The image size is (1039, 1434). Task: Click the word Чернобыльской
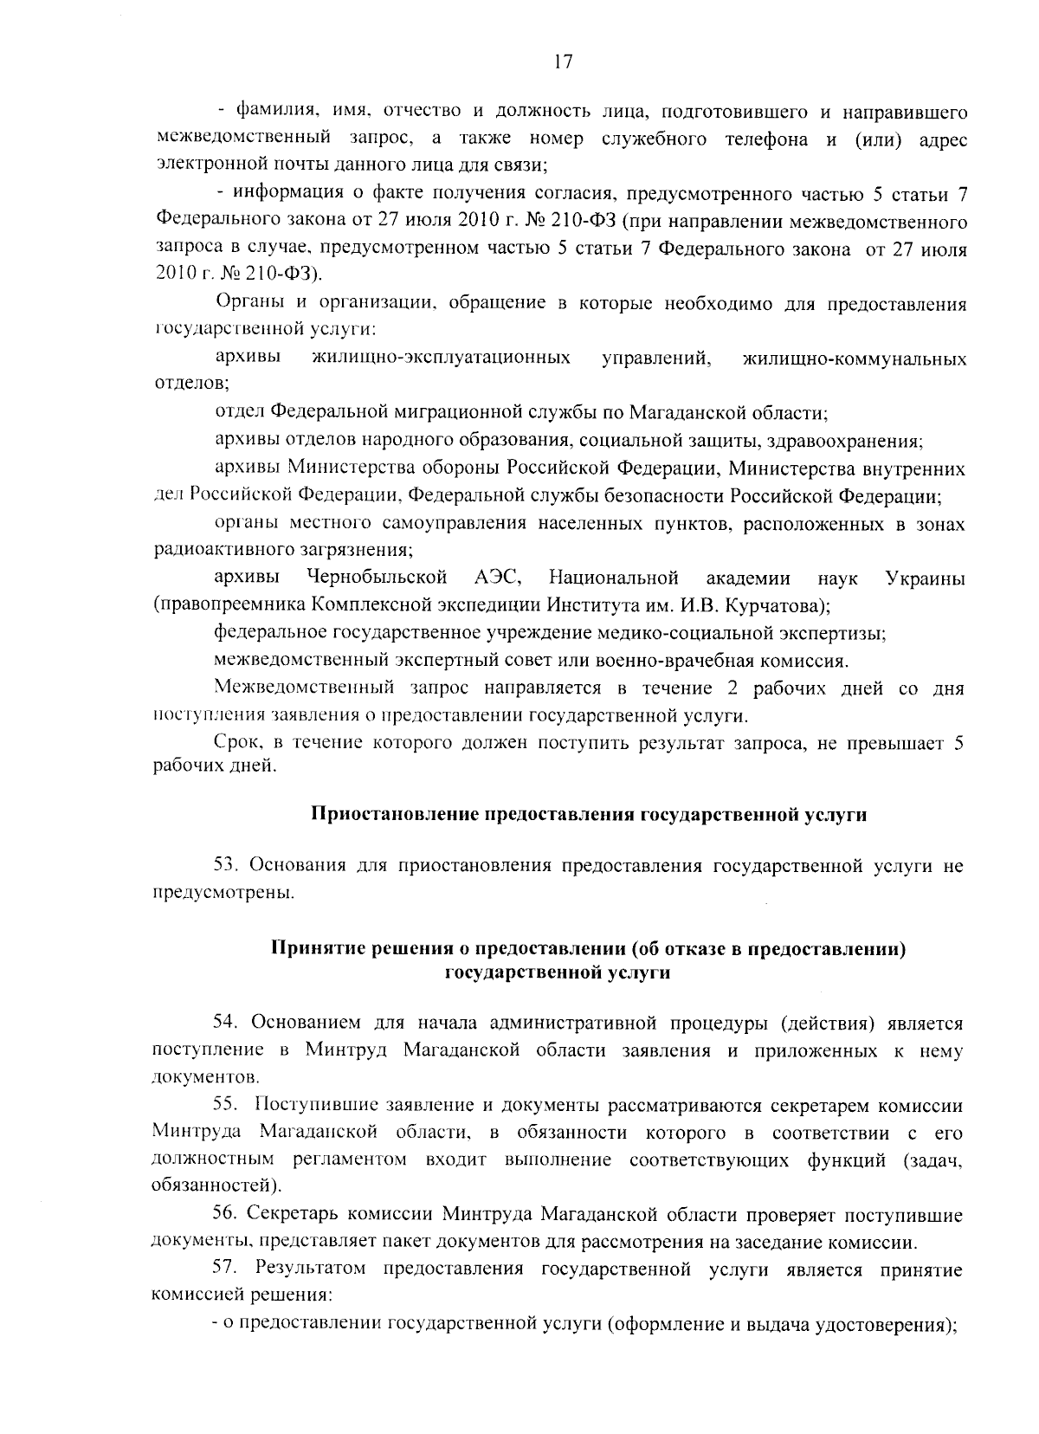click(x=377, y=578)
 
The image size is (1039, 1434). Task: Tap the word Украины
click(x=926, y=578)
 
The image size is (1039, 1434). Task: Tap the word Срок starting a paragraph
click(x=236, y=742)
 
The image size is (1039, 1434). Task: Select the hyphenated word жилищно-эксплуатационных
click(x=441, y=358)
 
